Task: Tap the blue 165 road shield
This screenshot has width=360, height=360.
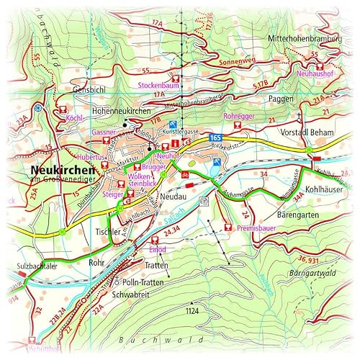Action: pyautogui.click(x=215, y=136)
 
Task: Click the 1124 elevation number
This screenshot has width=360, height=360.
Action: pyautogui.click(x=191, y=310)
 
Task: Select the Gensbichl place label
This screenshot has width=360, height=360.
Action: pyautogui.click(x=90, y=89)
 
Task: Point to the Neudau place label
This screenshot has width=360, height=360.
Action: pyautogui.click(x=175, y=196)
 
